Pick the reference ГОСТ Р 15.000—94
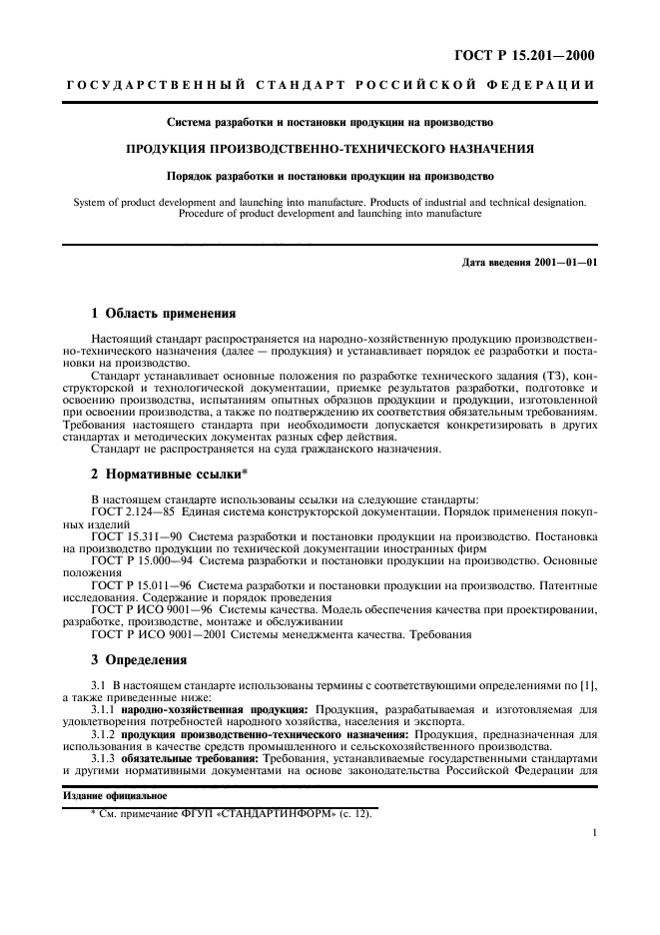click(x=139, y=561)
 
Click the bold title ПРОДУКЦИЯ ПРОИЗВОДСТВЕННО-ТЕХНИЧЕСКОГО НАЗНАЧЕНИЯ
click(x=330, y=149)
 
